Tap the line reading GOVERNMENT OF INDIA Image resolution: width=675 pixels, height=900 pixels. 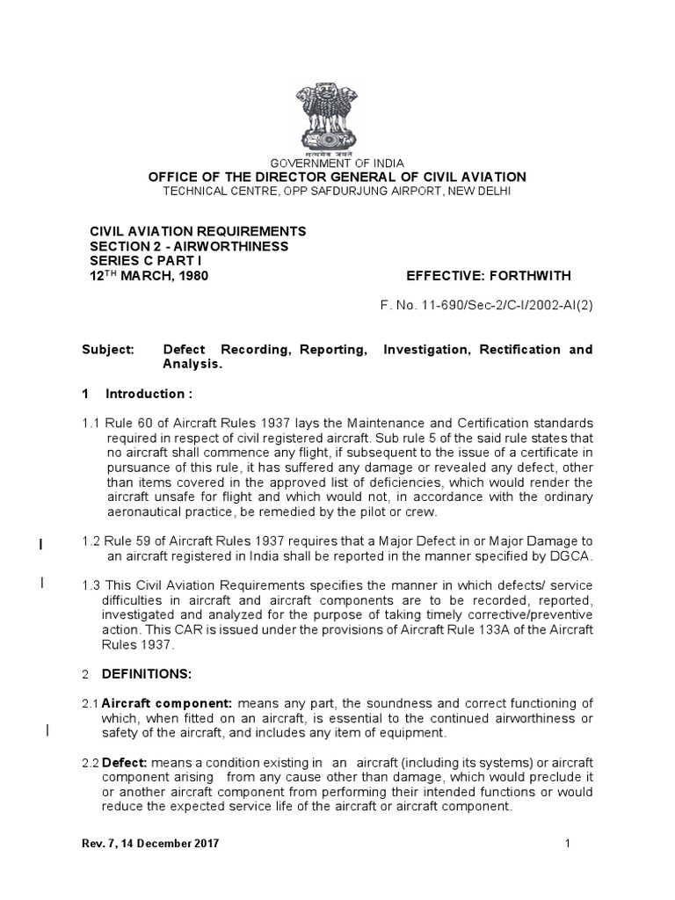point(337,163)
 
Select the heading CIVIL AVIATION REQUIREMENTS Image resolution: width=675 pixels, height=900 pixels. point(199,231)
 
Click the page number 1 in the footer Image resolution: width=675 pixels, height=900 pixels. point(568,844)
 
